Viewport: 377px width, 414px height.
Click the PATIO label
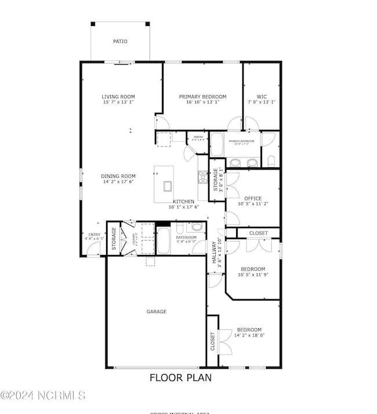[x=120, y=42]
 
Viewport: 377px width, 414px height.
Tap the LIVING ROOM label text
[x=118, y=97]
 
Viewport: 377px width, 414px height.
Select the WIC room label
[x=261, y=97]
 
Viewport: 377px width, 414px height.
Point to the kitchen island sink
[x=168, y=186]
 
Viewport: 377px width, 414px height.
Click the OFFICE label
[x=253, y=198]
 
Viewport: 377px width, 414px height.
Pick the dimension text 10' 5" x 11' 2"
[x=253, y=204]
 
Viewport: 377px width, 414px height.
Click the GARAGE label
[x=156, y=312]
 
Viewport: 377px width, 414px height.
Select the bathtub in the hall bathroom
[x=163, y=241]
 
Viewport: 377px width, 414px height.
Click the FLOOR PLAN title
[x=180, y=378]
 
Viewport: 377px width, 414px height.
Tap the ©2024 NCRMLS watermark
[x=43, y=395]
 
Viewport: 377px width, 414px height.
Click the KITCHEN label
[x=183, y=201]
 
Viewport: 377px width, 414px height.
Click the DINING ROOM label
[x=118, y=176]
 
